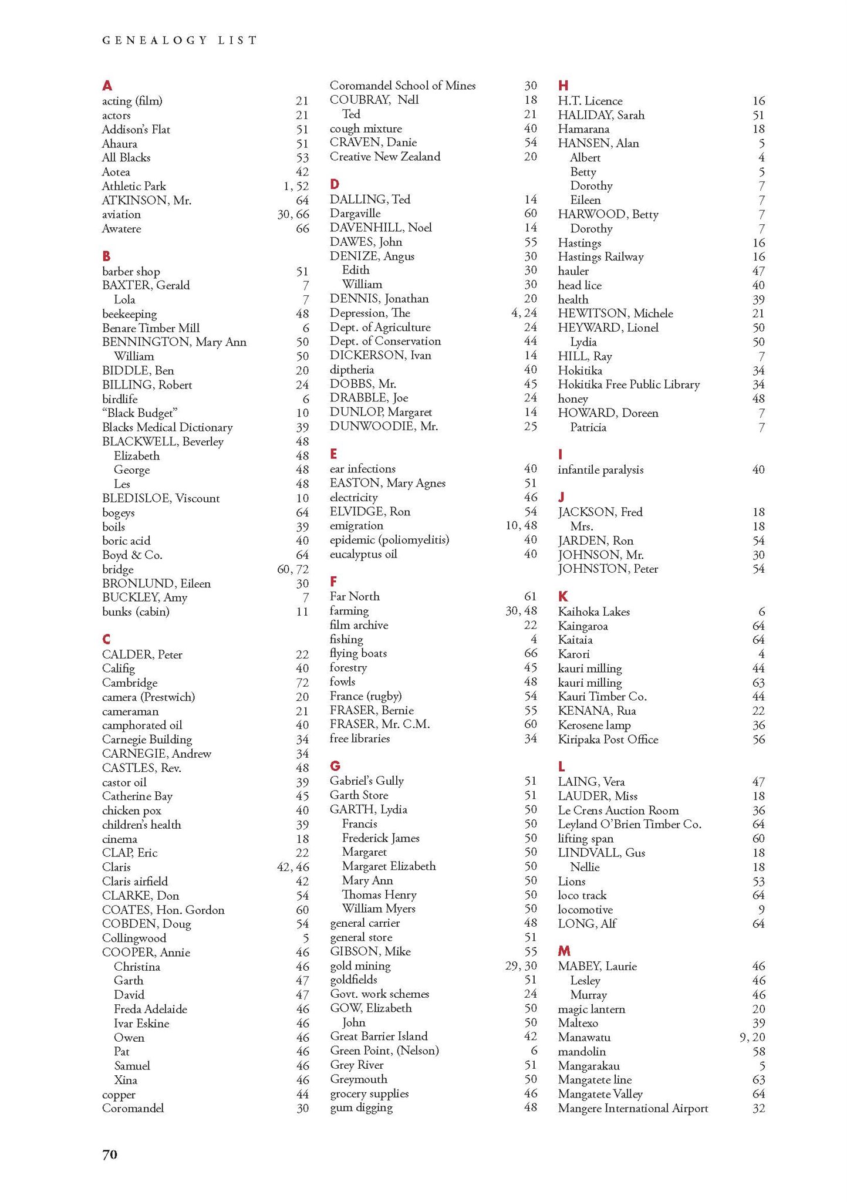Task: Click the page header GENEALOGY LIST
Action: pyautogui.click(x=180, y=40)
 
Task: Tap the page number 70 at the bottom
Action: pyautogui.click(x=110, y=1154)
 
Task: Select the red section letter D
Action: pyautogui.click(x=335, y=184)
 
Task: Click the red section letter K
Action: pyautogui.click(x=563, y=596)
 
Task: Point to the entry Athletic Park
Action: pyautogui.click(x=134, y=186)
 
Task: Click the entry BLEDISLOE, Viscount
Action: pyautogui.click(x=161, y=498)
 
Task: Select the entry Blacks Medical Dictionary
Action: pyautogui.click(x=167, y=427)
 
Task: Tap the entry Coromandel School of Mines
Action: pyautogui.click(x=403, y=86)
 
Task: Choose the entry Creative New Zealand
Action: pyautogui.click(x=385, y=157)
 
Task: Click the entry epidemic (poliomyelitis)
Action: pyautogui.click(x=389, y=540)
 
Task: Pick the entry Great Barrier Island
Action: pyautogui.click(x=379, y=1036)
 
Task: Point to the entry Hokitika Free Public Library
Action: pyautogui.click(x=629, y=384)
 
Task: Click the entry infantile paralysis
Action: pyautogui.click(x=600, y=470)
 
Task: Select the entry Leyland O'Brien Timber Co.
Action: pyautogui.click(x=629, y=824)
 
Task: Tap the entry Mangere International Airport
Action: pyautogui.click(x=633, y=1108)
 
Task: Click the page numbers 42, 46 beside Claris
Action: pyautogui.click(x=293, y=867)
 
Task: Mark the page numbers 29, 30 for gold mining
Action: pyautogui.click(x=521, y=965)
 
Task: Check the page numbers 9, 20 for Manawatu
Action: pyautogui.click(x=752, y=1037)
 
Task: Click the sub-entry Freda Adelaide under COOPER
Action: pyautogui.click(x=150, y=1009)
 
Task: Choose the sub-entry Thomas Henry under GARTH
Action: pyautogui.click(x=379, y=894)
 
